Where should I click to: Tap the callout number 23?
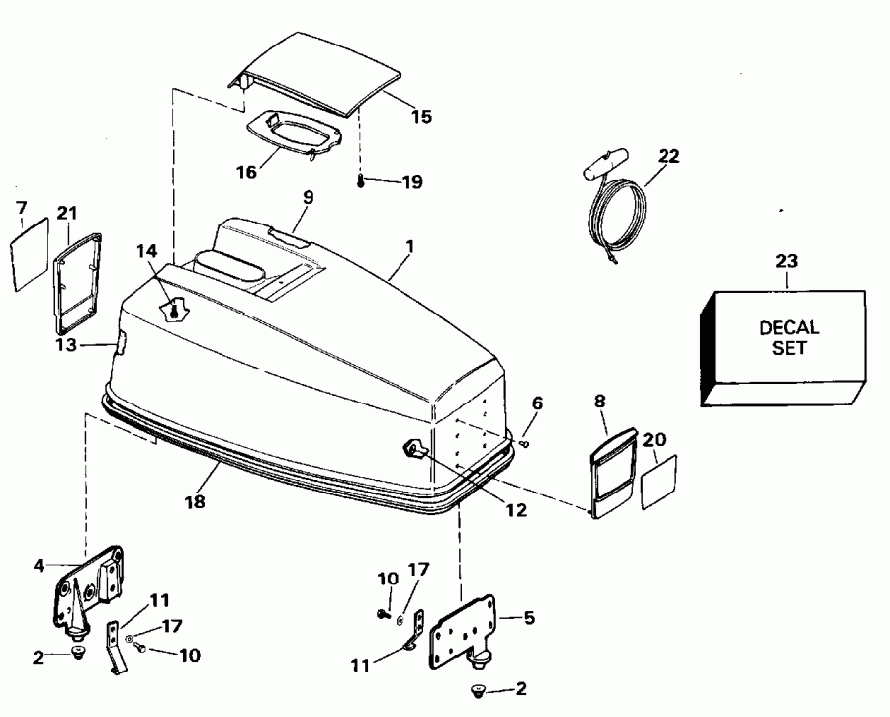[788, 262]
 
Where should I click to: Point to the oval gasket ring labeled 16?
[288, 134]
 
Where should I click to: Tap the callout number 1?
[410, 245]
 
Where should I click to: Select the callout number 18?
[195, 501]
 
